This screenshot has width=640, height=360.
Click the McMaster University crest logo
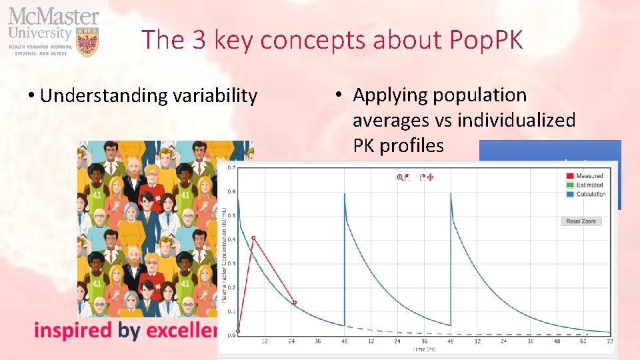(x=88, y=41)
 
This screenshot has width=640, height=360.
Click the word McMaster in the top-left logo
(x=53, y=17)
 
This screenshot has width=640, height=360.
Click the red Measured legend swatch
(x=569, y=176)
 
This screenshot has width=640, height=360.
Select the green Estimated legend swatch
(x=569, y=185)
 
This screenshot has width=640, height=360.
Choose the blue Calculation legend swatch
(x=569, y=194)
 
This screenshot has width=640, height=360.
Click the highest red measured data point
(x=253, y=238)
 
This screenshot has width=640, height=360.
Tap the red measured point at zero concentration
(x=238, y=332)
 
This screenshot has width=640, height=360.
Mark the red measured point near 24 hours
(x=295, y=303)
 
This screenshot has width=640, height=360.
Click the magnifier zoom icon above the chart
(x=401, y=177)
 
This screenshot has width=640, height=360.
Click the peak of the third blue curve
(x=451, y=194)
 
